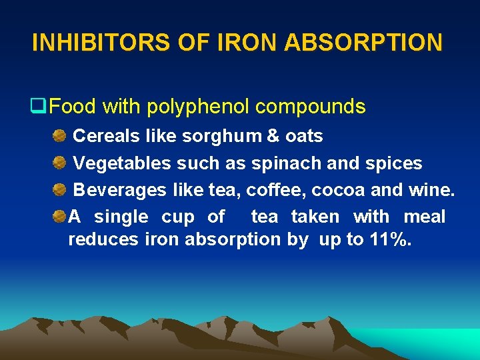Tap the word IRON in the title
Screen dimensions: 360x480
pyautogui.click(x=246, y=43)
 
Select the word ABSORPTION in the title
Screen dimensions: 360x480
pyautogui.click(x=363, y=43)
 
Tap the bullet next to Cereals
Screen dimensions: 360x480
pyautogui.click(x=60, y=136)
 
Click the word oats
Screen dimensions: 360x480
pyautogui.click(x=304, y=137)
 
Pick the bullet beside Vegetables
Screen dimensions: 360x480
pyautogui.click(x=60, y=163)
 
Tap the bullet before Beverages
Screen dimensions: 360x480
pyautogui.click(x=60, y=189)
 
